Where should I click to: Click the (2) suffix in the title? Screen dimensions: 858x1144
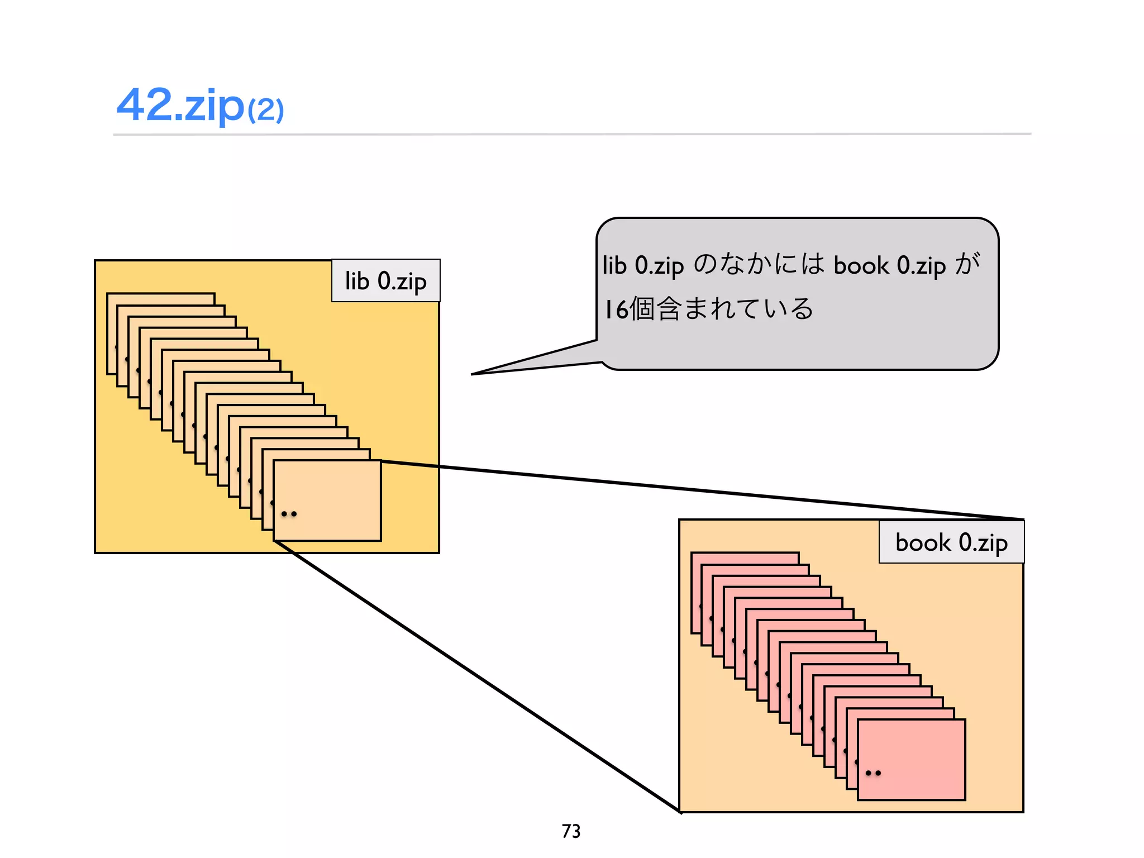pyautogui.click(x=266, y=109)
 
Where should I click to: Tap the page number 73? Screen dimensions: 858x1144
pyautogui.click(x=571, y=831)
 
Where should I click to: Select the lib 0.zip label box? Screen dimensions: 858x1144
pyautogui.click(x=385, y=280)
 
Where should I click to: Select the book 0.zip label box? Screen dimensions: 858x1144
pyautogui.click(x=951, y=542)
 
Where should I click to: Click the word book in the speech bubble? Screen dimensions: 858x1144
pyautogui.click(x=861, y=265)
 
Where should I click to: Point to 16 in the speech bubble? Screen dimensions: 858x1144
pyautogui.click(x=617, y=309)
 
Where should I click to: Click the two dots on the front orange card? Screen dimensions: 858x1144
pyautogui.click(x=289, y=514)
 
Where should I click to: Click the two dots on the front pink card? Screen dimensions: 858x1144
pyautogui.click(x=873, y=773)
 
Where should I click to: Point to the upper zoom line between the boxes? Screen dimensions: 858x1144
pyautogui.click(x=698, y=490)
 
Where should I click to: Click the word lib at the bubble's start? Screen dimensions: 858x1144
pyautogui.click(x=614, y=265)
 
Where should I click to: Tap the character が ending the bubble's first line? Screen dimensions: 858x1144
pyautogui.click(x=967, y=264)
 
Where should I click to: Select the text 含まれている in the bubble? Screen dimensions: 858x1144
pyautogui.click(x=735, y=309)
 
